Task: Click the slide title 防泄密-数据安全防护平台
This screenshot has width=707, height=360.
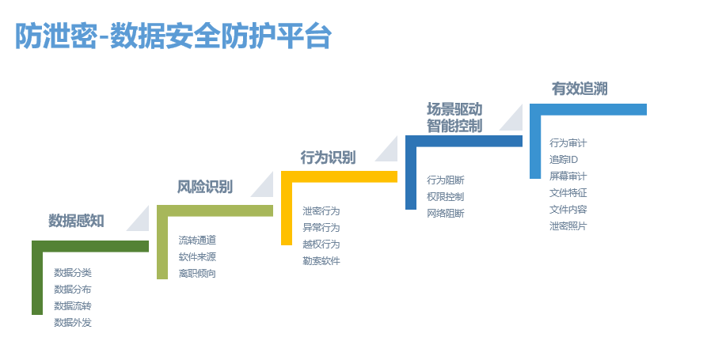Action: tap(173, 36)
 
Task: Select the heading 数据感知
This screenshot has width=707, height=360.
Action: tap(76, 221)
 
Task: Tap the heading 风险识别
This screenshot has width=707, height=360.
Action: tap(205, 187)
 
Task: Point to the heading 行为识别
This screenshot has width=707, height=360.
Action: tap(329, 157)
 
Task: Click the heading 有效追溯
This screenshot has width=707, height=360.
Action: tap(580, 89)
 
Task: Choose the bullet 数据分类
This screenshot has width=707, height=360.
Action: tap(73, 273)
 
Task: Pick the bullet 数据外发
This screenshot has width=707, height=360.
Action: tap(73, 323)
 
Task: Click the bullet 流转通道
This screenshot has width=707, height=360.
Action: tap(197, 241)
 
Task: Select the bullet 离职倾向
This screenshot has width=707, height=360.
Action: tap(197, 274)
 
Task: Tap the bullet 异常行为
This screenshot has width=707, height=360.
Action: tap(321, 228)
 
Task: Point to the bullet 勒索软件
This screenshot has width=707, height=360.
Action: tap(321, 261)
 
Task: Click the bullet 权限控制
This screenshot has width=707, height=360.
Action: tap(446, 197)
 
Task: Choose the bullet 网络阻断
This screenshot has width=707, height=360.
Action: tap(446, 214)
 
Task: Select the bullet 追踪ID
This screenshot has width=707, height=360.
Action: tap(564, 160)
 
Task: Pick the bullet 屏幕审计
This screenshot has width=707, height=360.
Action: tap(568, 176)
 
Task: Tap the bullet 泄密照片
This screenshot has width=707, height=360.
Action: tap(568, 226)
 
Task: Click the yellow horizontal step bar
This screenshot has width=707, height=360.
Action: tap(339, 176)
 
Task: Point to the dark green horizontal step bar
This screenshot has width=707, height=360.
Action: tap(90, 246)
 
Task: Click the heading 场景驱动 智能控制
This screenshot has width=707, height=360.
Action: tap(454, 117)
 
